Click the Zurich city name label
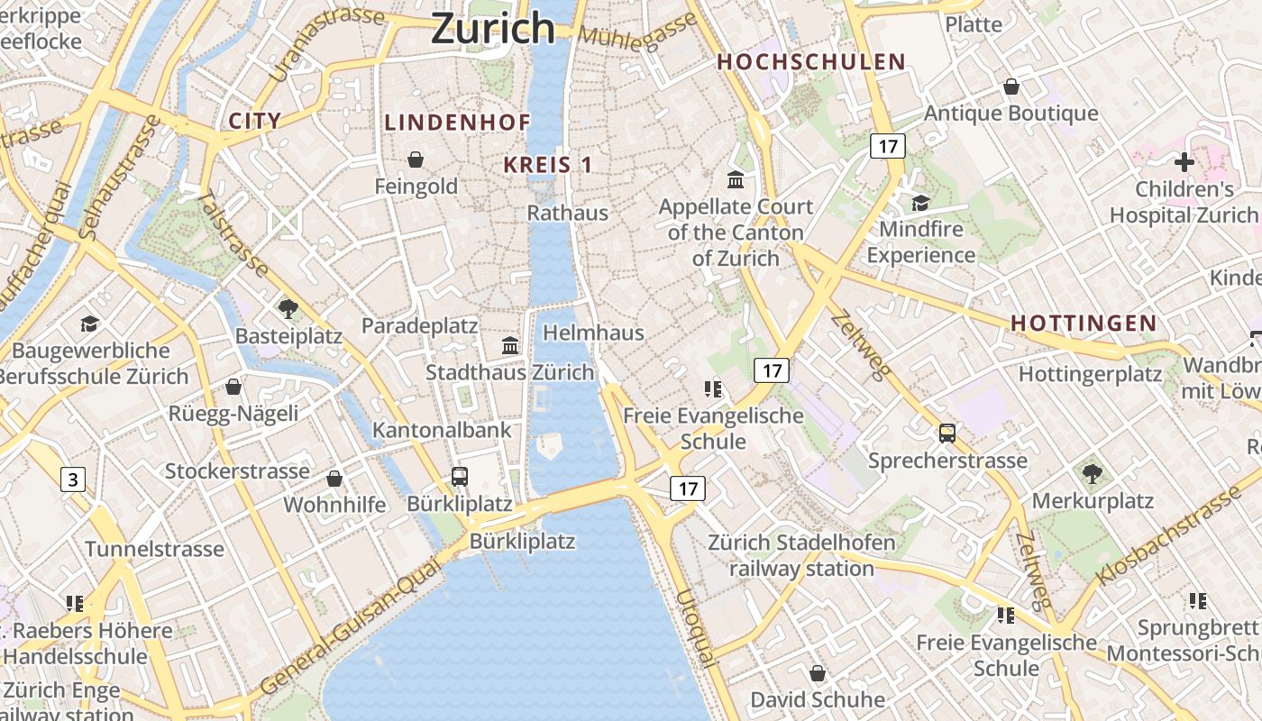tap(492, 28)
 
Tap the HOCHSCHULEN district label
tap(810, 62)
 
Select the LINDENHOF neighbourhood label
tap(457, 123)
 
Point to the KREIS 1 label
tap(547, 165)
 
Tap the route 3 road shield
tap(73, 479)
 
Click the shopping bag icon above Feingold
tap(416, 160)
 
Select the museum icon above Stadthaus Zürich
tap(510, 345)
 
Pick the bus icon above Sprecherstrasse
tap(947, 434)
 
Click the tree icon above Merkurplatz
tap(1092, 473)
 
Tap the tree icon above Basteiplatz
tap(288, 309)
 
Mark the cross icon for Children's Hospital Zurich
tap(1184, 162)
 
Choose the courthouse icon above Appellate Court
tap(736, 179)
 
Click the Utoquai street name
tap(696, 628)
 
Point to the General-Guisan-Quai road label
tap(351, 627)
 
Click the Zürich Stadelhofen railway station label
tap(801, 555)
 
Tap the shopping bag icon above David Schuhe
tap(817, 673)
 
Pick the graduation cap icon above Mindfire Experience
tap(920, 203)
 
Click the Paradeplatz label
tap(419, 325)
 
